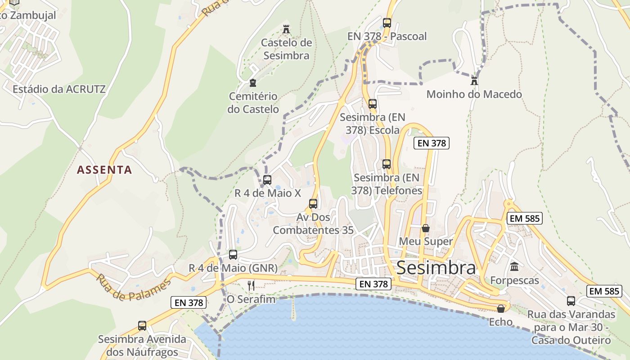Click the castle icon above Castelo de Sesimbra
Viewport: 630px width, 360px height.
click(x=286, y=30)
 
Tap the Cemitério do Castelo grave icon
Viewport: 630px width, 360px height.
click(x=252, y=83)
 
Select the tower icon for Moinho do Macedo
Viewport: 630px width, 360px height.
click(x=474, y=81)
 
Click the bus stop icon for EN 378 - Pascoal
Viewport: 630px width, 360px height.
click(x=387, y=23)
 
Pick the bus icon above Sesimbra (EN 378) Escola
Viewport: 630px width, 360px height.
click(x=372, y=104)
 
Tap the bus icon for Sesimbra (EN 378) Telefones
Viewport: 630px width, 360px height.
click(x=386, y=164)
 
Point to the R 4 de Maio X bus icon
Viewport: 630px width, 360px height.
click(x=267, y=180)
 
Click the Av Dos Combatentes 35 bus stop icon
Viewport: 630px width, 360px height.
click(x=313, y=204)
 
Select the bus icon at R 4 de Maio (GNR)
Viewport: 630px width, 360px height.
click(x=233, y=255)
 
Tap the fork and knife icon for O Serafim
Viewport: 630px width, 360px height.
click(x=251, y=285)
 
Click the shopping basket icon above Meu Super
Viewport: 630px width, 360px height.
click(x=425, y=228)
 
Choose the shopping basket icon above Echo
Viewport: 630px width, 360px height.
click(x=500, y=309)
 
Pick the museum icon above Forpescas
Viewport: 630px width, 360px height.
click(x=514, y=267)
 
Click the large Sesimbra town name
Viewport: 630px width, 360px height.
click(x=436, y=268)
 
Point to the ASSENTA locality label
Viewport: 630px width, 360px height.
click(x=104, y=170)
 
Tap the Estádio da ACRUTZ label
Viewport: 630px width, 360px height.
click(x=59, y=89)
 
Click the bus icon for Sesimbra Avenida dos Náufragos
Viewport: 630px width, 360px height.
click(x=142, y=326)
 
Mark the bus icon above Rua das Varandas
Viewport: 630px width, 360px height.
click(x=571, y=301)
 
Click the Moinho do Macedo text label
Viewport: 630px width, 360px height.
click(x=474, y=94)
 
